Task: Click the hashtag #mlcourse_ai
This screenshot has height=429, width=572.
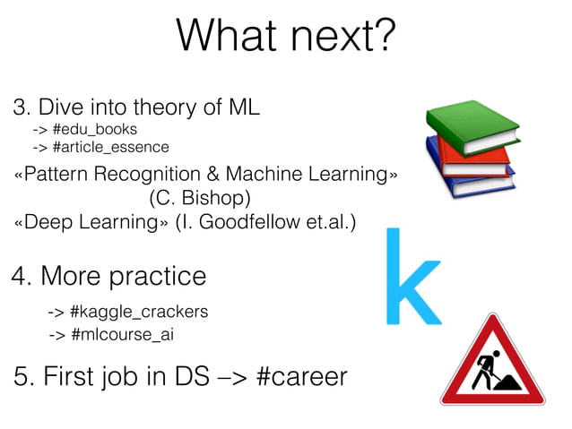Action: (x=121, y=336)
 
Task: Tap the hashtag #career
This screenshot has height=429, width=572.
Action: (x=300, y=377)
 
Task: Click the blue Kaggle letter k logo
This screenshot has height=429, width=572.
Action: (x=412, y=277)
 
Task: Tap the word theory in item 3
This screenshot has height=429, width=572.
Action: (x=158, y=108)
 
